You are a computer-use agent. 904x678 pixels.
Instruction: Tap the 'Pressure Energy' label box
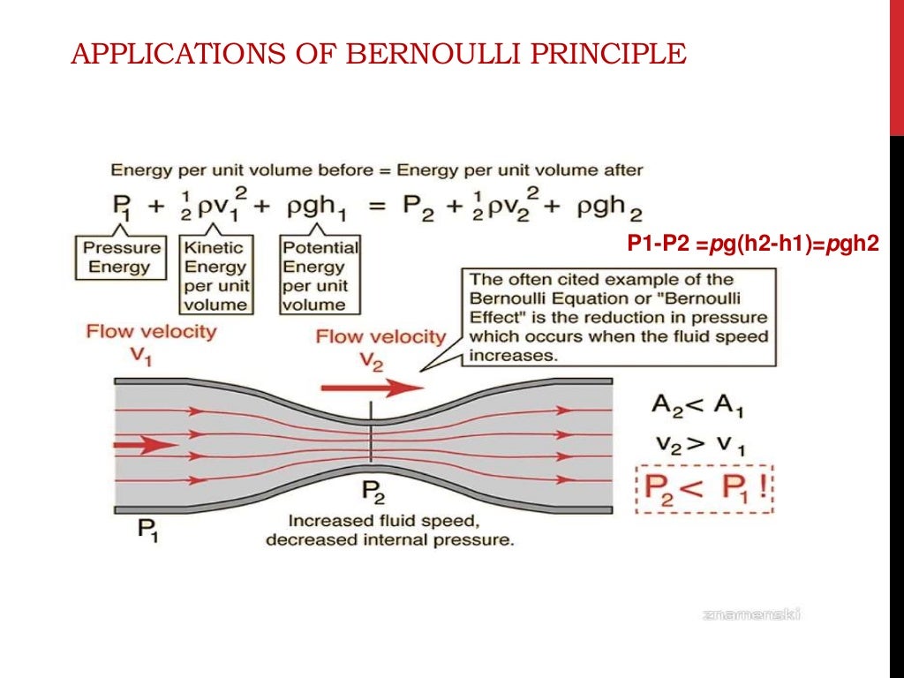point(122,257)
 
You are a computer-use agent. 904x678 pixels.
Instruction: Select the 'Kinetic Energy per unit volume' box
point(216,275)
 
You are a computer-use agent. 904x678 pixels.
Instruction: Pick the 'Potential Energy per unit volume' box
point(320,275)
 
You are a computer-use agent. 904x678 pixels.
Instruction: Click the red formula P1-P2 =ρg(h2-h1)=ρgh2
point(753,245)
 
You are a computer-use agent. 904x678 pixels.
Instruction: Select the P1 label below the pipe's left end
point(148,530)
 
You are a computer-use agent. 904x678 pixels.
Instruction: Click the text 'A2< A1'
point(697,406)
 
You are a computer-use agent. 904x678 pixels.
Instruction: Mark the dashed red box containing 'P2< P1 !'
point(704,488)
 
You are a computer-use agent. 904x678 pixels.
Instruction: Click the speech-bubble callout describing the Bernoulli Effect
point(618,318)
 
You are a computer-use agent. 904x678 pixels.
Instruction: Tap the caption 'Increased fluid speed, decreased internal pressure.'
point(389,529)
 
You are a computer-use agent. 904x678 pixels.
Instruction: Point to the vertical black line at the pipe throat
point(372,432)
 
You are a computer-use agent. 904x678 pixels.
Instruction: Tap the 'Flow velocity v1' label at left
point(150,340)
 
